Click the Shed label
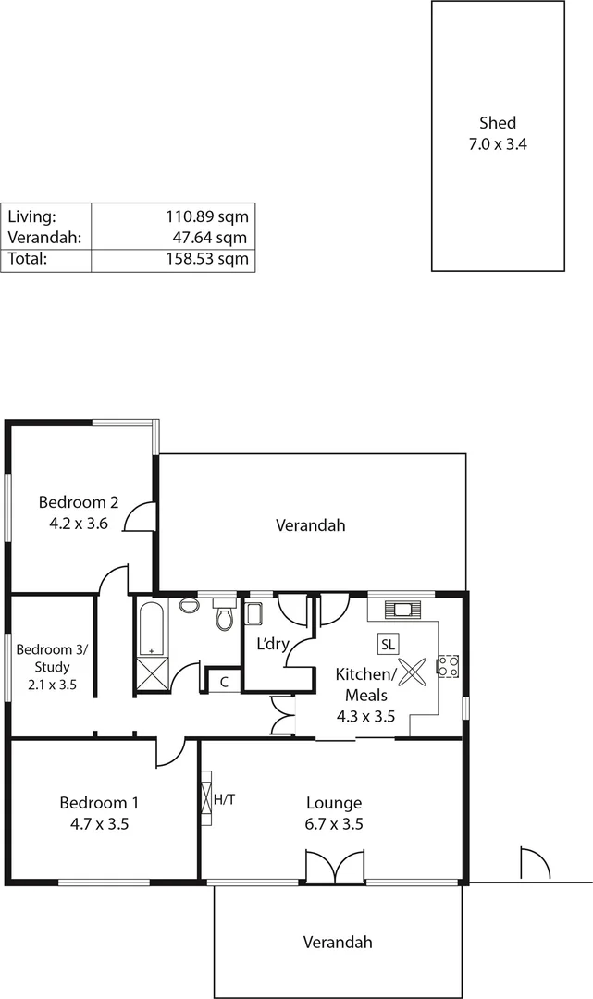pos(498,122)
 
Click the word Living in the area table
pos(32,216)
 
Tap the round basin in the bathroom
pos(189,606)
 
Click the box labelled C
pos(224,682)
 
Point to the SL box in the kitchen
pos(388,643)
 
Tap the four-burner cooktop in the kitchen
pos(448,665)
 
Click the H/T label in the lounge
pos(224,798)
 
